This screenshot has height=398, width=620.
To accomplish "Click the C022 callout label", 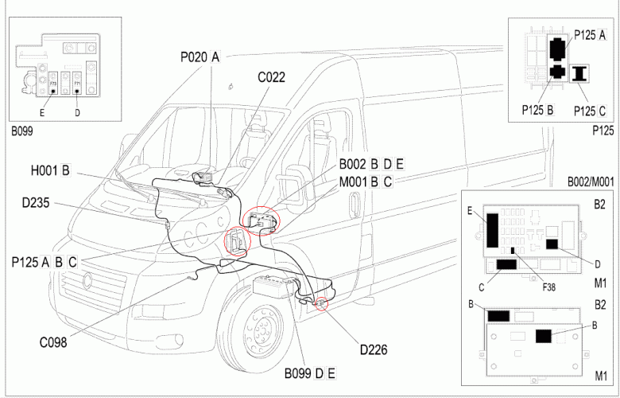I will (271, 77).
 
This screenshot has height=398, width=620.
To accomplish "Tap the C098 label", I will (55, 344).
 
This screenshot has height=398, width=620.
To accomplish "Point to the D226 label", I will (373, 349).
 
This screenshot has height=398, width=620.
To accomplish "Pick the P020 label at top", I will (193, 57).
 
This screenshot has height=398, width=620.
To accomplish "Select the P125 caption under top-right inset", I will (603, 127).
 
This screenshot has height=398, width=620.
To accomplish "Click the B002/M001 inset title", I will (589, 181).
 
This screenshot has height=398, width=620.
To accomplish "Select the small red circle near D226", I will (321, 303).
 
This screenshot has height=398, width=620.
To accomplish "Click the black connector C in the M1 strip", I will (506, 265).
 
